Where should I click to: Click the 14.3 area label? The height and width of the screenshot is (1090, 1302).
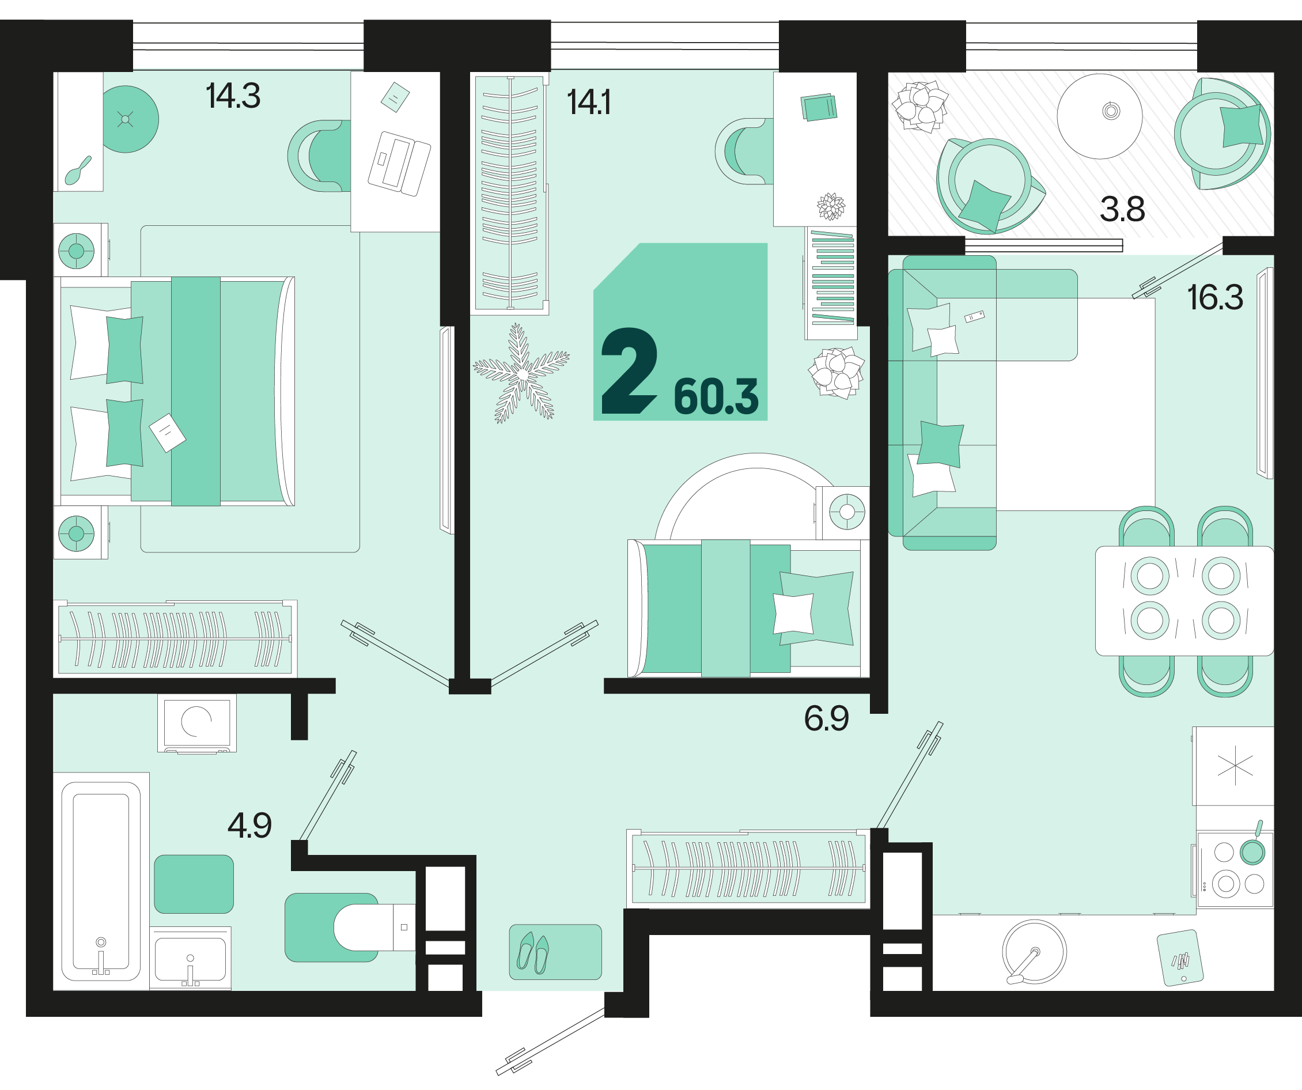pos(233,96)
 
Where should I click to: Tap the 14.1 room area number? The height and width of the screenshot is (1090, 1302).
pos(588,103)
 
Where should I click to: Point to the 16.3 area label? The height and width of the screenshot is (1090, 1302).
pos(1214,298)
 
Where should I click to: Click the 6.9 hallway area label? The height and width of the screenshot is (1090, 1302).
pos(827,718)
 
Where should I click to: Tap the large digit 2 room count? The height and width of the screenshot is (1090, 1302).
pos(629,371)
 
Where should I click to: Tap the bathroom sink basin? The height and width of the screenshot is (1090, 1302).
pos(190,959)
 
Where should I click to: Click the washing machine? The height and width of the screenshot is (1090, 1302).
pos(196,723)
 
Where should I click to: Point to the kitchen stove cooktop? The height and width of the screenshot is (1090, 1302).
pos(1235,869)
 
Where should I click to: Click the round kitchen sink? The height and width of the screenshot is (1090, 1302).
pos(1034,952)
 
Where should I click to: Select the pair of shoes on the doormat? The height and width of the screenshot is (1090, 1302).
pos(533,953)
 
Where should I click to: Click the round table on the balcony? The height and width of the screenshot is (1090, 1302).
pos(1099,116)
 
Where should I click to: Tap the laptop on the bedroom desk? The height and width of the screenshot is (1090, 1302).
pos(399,163)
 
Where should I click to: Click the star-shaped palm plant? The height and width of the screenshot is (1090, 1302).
pos(521,374)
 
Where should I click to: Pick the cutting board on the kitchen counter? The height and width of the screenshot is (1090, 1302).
pos(1180,958)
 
